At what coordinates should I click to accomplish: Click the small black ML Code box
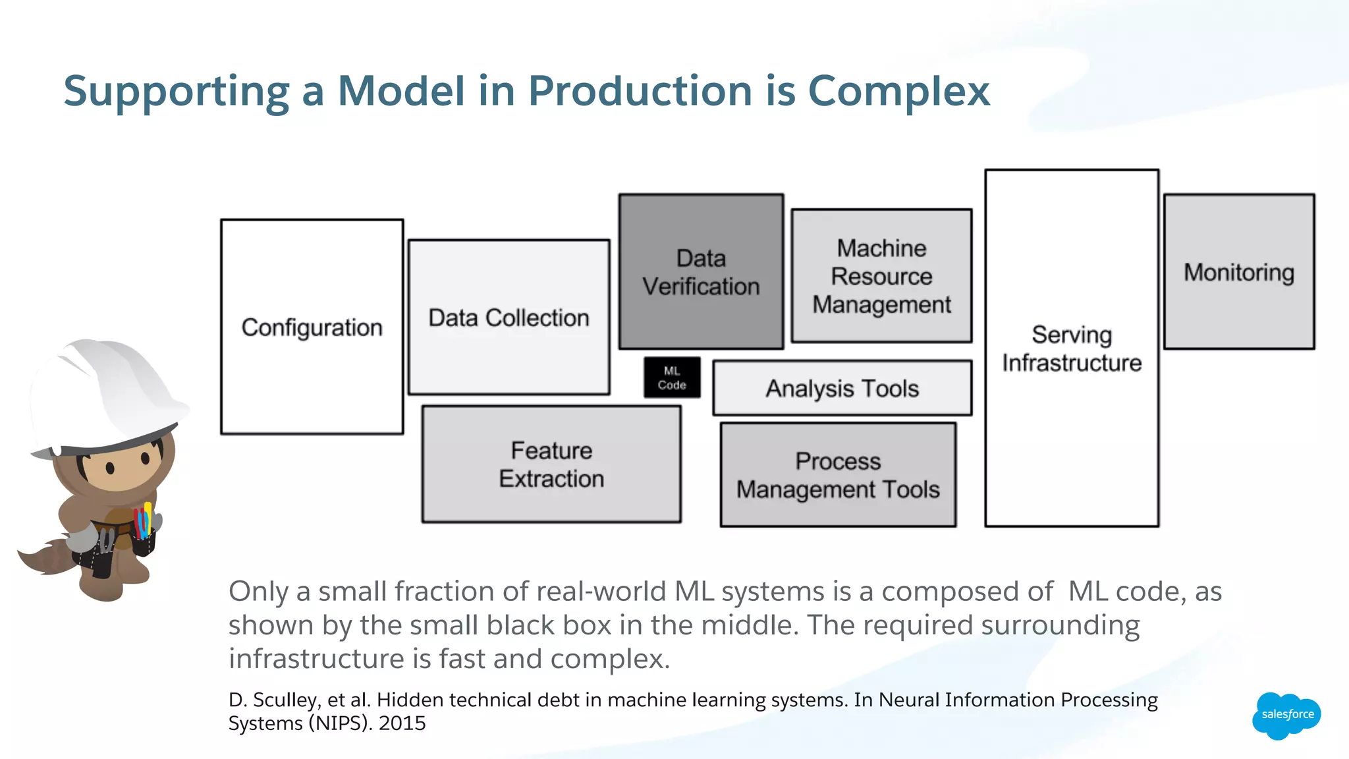672,378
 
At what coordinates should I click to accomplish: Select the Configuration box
312,327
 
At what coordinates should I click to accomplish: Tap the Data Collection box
509,318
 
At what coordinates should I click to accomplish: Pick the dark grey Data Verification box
701,271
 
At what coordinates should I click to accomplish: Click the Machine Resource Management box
881,276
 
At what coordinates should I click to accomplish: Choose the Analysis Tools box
842,388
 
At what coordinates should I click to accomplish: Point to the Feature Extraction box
551,464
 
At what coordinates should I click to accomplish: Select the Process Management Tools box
838,475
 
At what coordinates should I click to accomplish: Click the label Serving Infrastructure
1072,349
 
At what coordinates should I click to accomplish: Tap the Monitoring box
1239,272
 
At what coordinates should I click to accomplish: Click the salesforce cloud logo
1286,715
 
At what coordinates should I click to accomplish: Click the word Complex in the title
898,91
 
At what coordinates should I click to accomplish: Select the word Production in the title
640,91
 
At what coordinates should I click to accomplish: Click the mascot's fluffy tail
46,557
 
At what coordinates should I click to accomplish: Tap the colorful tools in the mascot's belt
143,520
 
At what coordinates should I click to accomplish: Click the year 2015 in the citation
402,723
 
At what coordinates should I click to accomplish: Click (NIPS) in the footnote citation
333,723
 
